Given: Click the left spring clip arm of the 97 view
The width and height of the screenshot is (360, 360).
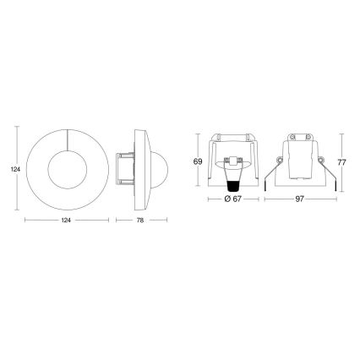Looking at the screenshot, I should (x=271, y=177).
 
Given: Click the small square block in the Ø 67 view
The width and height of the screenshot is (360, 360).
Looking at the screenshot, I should (x=232, y=161).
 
